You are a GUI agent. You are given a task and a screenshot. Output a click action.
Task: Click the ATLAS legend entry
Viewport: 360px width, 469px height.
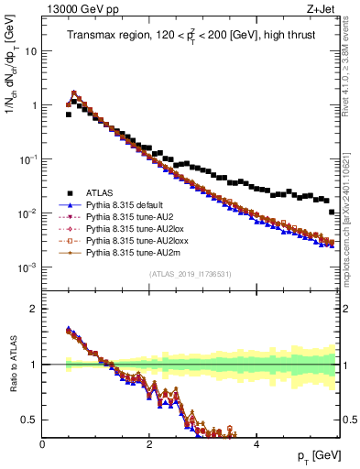coord(101,192)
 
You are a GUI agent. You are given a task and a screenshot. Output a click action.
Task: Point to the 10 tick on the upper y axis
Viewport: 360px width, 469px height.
coord(31,51)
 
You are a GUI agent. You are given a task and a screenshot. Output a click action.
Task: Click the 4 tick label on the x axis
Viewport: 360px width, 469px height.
coord(256,444)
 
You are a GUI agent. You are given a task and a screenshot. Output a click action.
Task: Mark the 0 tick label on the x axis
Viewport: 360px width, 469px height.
coord(42,444)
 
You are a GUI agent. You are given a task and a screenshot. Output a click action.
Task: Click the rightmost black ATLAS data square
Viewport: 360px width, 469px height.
coord(332,212)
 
